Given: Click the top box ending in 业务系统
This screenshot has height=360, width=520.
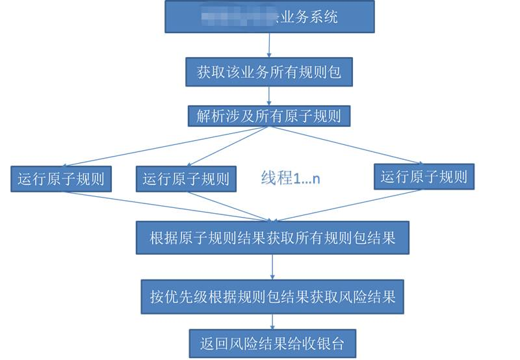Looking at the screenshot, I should tap(270, 17).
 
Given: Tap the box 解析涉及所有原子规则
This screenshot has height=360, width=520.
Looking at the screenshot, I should tap(269, 116).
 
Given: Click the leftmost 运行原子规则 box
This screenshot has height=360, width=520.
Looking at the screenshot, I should tap(61, 179).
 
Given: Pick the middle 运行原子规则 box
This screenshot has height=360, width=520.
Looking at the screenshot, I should tap(186, 179).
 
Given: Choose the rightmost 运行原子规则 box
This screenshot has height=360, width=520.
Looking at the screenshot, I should tap(424, 176).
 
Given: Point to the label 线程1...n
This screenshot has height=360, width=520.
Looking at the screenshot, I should tap(291, 178).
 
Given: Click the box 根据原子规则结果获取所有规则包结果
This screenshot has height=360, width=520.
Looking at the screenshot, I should tap(272, 238).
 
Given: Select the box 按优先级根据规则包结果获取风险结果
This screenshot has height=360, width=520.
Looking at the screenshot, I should tap(272, 298).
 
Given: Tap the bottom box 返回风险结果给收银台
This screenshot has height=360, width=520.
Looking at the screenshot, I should tap(272, 341).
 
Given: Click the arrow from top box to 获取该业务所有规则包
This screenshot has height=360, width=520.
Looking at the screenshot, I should tap(269, 45).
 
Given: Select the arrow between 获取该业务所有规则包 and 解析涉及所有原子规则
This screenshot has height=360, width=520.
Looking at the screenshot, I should tap(269, 96).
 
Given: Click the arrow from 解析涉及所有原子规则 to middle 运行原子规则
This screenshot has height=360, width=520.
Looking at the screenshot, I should tap(227, 147).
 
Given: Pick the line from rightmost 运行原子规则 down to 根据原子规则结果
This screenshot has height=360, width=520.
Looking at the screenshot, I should tap(351, 205).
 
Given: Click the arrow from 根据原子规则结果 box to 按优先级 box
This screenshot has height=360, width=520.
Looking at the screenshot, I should tap(272, 267).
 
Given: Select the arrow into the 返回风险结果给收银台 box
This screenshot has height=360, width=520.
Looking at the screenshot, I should tap(272, 322).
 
